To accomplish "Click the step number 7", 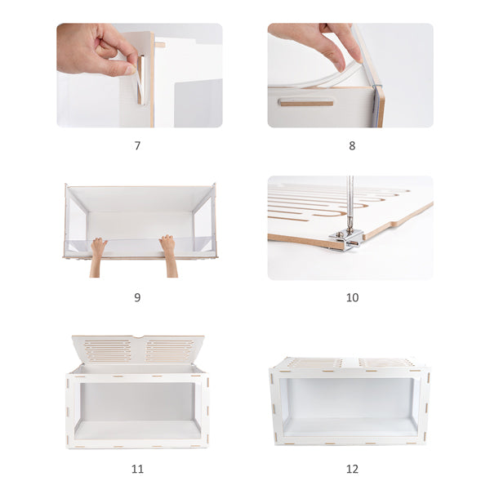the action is [x=137, y=145].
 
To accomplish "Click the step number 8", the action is [x=352, y=145].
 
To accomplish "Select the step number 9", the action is [x=137, y=297].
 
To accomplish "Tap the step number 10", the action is [x=352, y=297].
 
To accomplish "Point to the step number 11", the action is [x=137, y=469].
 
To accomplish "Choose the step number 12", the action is [x=352, y=469].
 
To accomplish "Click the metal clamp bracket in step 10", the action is [x=345, y=238].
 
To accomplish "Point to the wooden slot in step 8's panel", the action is [x=305, y=103].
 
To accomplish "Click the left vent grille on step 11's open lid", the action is [x=107, y=350].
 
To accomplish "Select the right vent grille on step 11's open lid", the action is [x=169, y=350].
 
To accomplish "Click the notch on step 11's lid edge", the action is [x=137, y=337].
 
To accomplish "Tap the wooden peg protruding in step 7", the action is [x=159, y=44].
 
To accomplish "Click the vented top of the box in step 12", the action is [x=350, y=363].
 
